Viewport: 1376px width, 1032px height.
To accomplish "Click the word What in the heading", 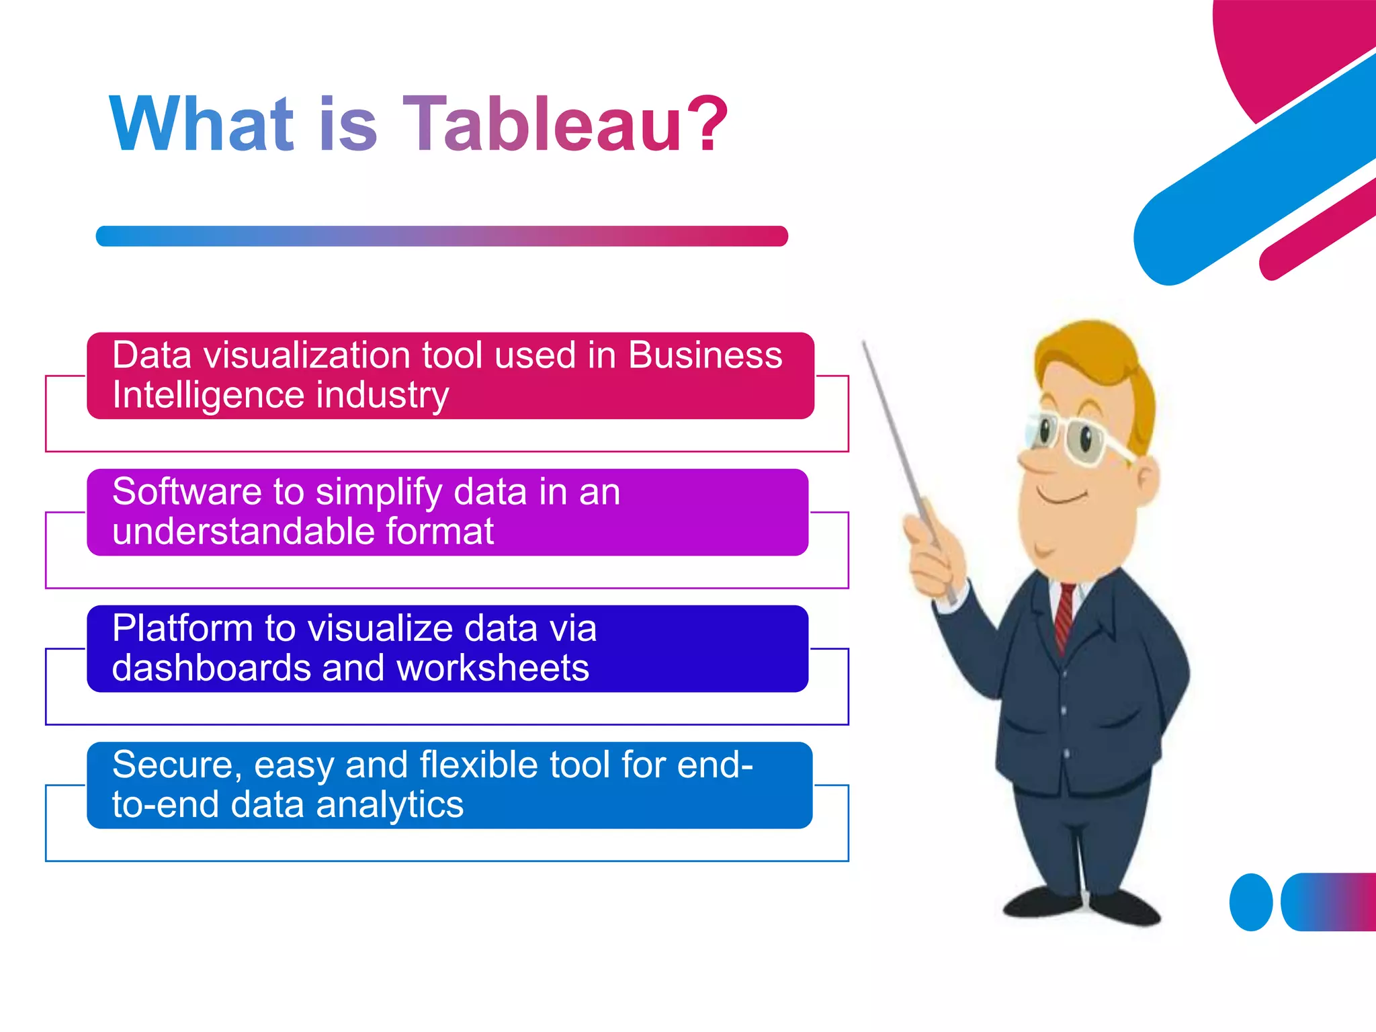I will [x=202, y=124].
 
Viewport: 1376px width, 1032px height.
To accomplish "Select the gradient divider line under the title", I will [x=441, y=236].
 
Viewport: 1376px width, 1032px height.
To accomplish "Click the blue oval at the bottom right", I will [x=1250, y=902].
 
